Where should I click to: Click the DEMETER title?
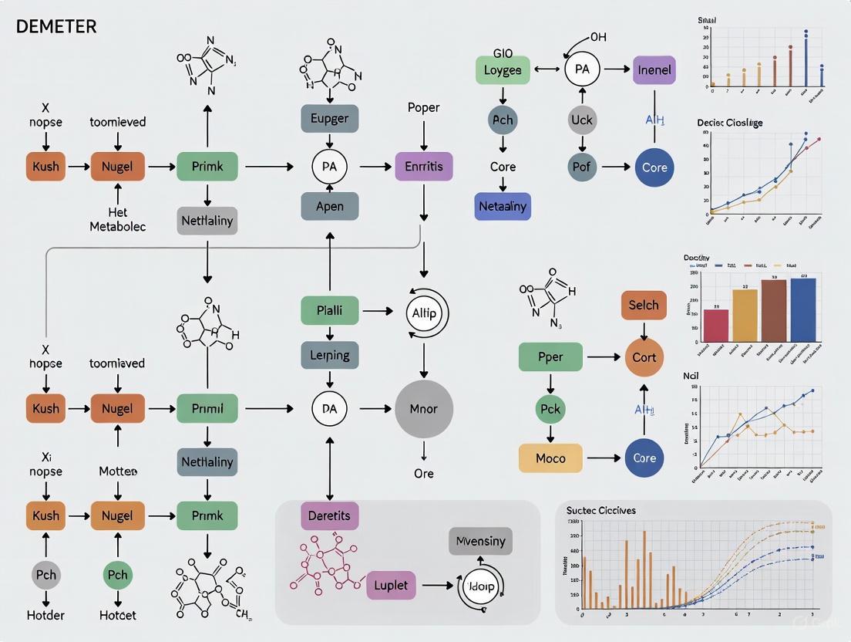tap(56, 26)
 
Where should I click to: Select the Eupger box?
tap(329, 119)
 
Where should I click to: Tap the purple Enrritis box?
tap(423, 166)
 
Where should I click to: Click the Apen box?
tap(329, 207)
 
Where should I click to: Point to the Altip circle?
tap(425, 313)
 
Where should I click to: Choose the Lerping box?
tap(329, 356)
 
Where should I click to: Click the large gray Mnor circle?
tap(423, 409)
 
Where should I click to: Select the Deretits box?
tap(329, 515)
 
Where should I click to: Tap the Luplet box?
tap(391, 585)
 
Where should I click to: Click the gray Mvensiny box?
tap(480, 541)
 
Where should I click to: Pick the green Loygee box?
tap(502, 69)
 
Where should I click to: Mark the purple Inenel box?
tap(654, 69)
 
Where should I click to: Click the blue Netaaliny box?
tap(503, 207)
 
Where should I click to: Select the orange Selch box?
tap(644, 305)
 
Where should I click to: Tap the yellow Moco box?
tap(550, 458)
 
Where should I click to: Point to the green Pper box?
tap(550, 357)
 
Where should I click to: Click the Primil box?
tap(207, 409)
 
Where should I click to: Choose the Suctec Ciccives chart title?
tap(600, 510)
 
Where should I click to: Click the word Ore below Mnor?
tap(423, 473)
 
